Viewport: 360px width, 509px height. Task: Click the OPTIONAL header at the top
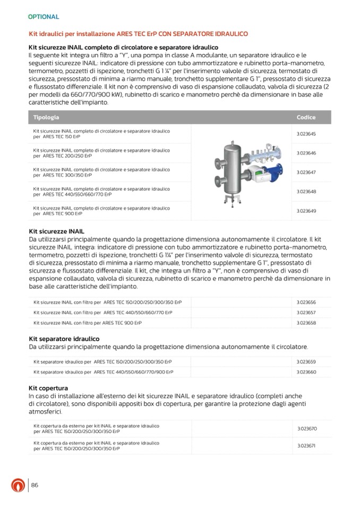pos(44,17)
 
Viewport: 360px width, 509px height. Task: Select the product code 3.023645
pos(306,134)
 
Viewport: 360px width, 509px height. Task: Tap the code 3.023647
pos(306,172)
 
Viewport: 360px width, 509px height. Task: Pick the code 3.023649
pos(306,211)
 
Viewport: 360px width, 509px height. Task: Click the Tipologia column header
pos(46,117)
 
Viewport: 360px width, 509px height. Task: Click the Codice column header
pos(306,117)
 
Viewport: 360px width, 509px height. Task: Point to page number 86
pos(35,485)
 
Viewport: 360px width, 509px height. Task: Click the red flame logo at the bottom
pos(18,486)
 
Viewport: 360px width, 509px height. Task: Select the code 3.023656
pos(306,302)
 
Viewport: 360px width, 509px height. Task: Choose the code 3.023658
pos(306,323)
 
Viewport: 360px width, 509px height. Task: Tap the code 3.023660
pos(306,372)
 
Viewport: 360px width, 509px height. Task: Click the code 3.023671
pos(306,445)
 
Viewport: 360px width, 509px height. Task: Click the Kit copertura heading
pos(48,388)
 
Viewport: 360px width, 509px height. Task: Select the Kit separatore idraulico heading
pos(64,339)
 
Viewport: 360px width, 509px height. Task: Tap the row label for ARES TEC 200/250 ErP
pos(101,153)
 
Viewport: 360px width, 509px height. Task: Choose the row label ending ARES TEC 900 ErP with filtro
pos(88,323)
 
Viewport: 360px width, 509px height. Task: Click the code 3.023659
pos(306,362)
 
